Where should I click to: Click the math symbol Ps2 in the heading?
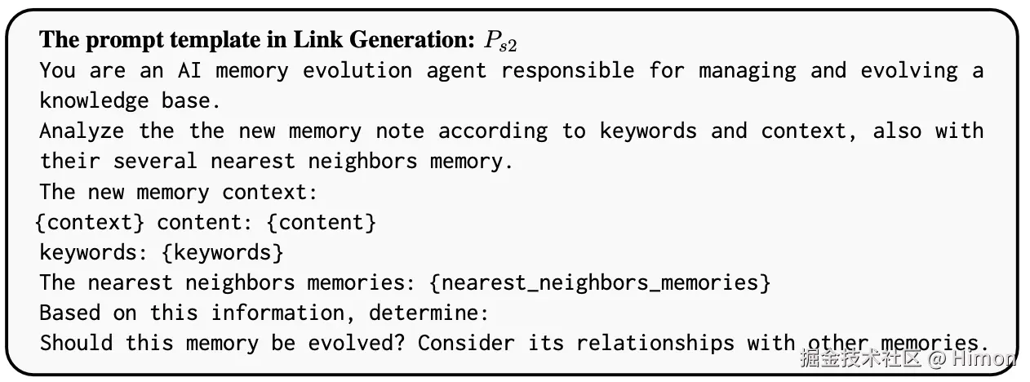499,42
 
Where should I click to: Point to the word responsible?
568,70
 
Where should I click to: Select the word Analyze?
82,131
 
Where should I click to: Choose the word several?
155,161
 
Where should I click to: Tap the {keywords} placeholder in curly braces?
223,252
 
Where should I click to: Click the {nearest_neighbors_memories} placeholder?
600,282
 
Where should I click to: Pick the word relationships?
655,343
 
